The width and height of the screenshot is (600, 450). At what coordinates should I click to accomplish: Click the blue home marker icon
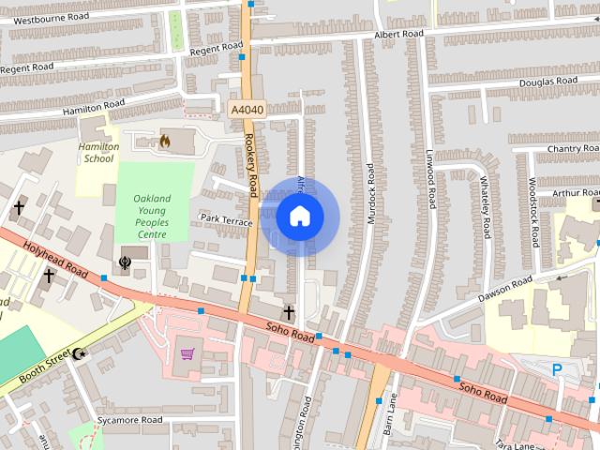click(x=300, y=217)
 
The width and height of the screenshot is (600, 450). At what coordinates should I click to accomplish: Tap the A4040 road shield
click(x=247, y=110)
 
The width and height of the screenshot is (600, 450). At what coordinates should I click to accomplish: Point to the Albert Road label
click(x=398, y=34)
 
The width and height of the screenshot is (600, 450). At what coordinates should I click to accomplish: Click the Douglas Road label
click(x=548, y=82)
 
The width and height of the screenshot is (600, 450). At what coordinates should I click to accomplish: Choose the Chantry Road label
click(x=572, y=148)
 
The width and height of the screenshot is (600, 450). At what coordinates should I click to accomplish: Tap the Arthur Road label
click(x=575, y=192)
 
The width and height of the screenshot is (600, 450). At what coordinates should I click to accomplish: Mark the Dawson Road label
click(x=504, y=288)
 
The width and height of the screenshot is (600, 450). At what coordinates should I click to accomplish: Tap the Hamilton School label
click(x=98, y=153)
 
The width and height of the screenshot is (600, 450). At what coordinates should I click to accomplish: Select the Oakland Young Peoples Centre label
click(x=152, y=217)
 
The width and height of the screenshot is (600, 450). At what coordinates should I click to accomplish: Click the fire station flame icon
click(x=165, y=142)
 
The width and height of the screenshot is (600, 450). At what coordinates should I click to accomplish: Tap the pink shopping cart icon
click(x=187, y=353)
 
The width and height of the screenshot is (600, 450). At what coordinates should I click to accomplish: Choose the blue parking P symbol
click(x=557, y=370)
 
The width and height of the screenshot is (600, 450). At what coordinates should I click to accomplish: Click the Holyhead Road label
click(x=56, y=260)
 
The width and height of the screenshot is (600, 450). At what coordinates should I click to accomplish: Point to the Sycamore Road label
click(x=132, y=421)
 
